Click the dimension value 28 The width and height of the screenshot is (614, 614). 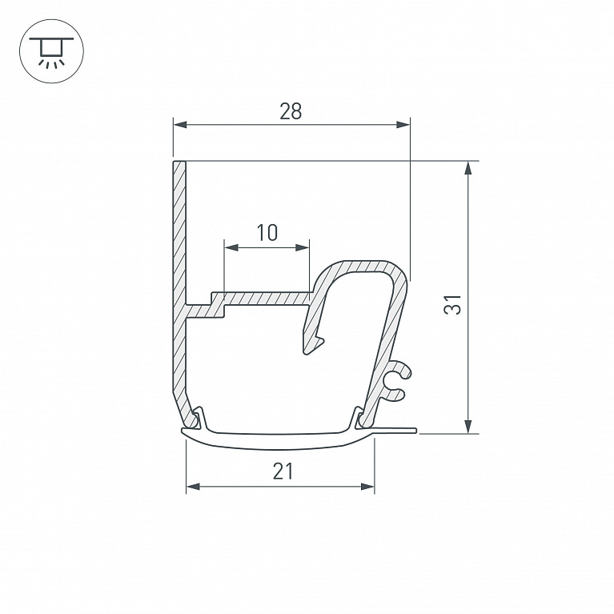291,111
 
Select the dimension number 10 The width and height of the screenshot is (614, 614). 267,233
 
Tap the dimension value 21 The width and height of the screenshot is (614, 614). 283,471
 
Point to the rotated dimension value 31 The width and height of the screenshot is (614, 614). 452,304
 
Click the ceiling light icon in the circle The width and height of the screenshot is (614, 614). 51,53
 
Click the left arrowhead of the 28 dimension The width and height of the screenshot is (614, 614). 180,125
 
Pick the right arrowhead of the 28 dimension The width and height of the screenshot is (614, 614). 403,125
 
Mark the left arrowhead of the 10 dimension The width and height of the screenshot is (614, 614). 231,247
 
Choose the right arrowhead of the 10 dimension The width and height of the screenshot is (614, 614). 303,247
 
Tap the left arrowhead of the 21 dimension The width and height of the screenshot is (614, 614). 193,487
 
